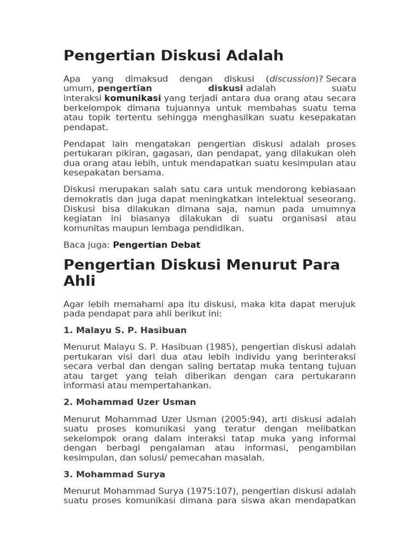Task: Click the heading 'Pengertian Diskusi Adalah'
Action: (x=173, y=56)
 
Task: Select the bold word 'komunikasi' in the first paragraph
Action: (x=132, y=98)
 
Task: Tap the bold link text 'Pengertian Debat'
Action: (x=156, y=245)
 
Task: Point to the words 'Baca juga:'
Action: (x=86, y=245)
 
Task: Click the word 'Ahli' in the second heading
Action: (x=79, y=281)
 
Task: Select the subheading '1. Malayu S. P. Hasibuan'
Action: (x=125, y=330)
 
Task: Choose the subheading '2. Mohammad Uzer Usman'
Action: (x=130, y=402)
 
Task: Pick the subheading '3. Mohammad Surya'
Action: (x=114, y=474)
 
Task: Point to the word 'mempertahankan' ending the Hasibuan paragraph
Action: (x=174, y=386)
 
